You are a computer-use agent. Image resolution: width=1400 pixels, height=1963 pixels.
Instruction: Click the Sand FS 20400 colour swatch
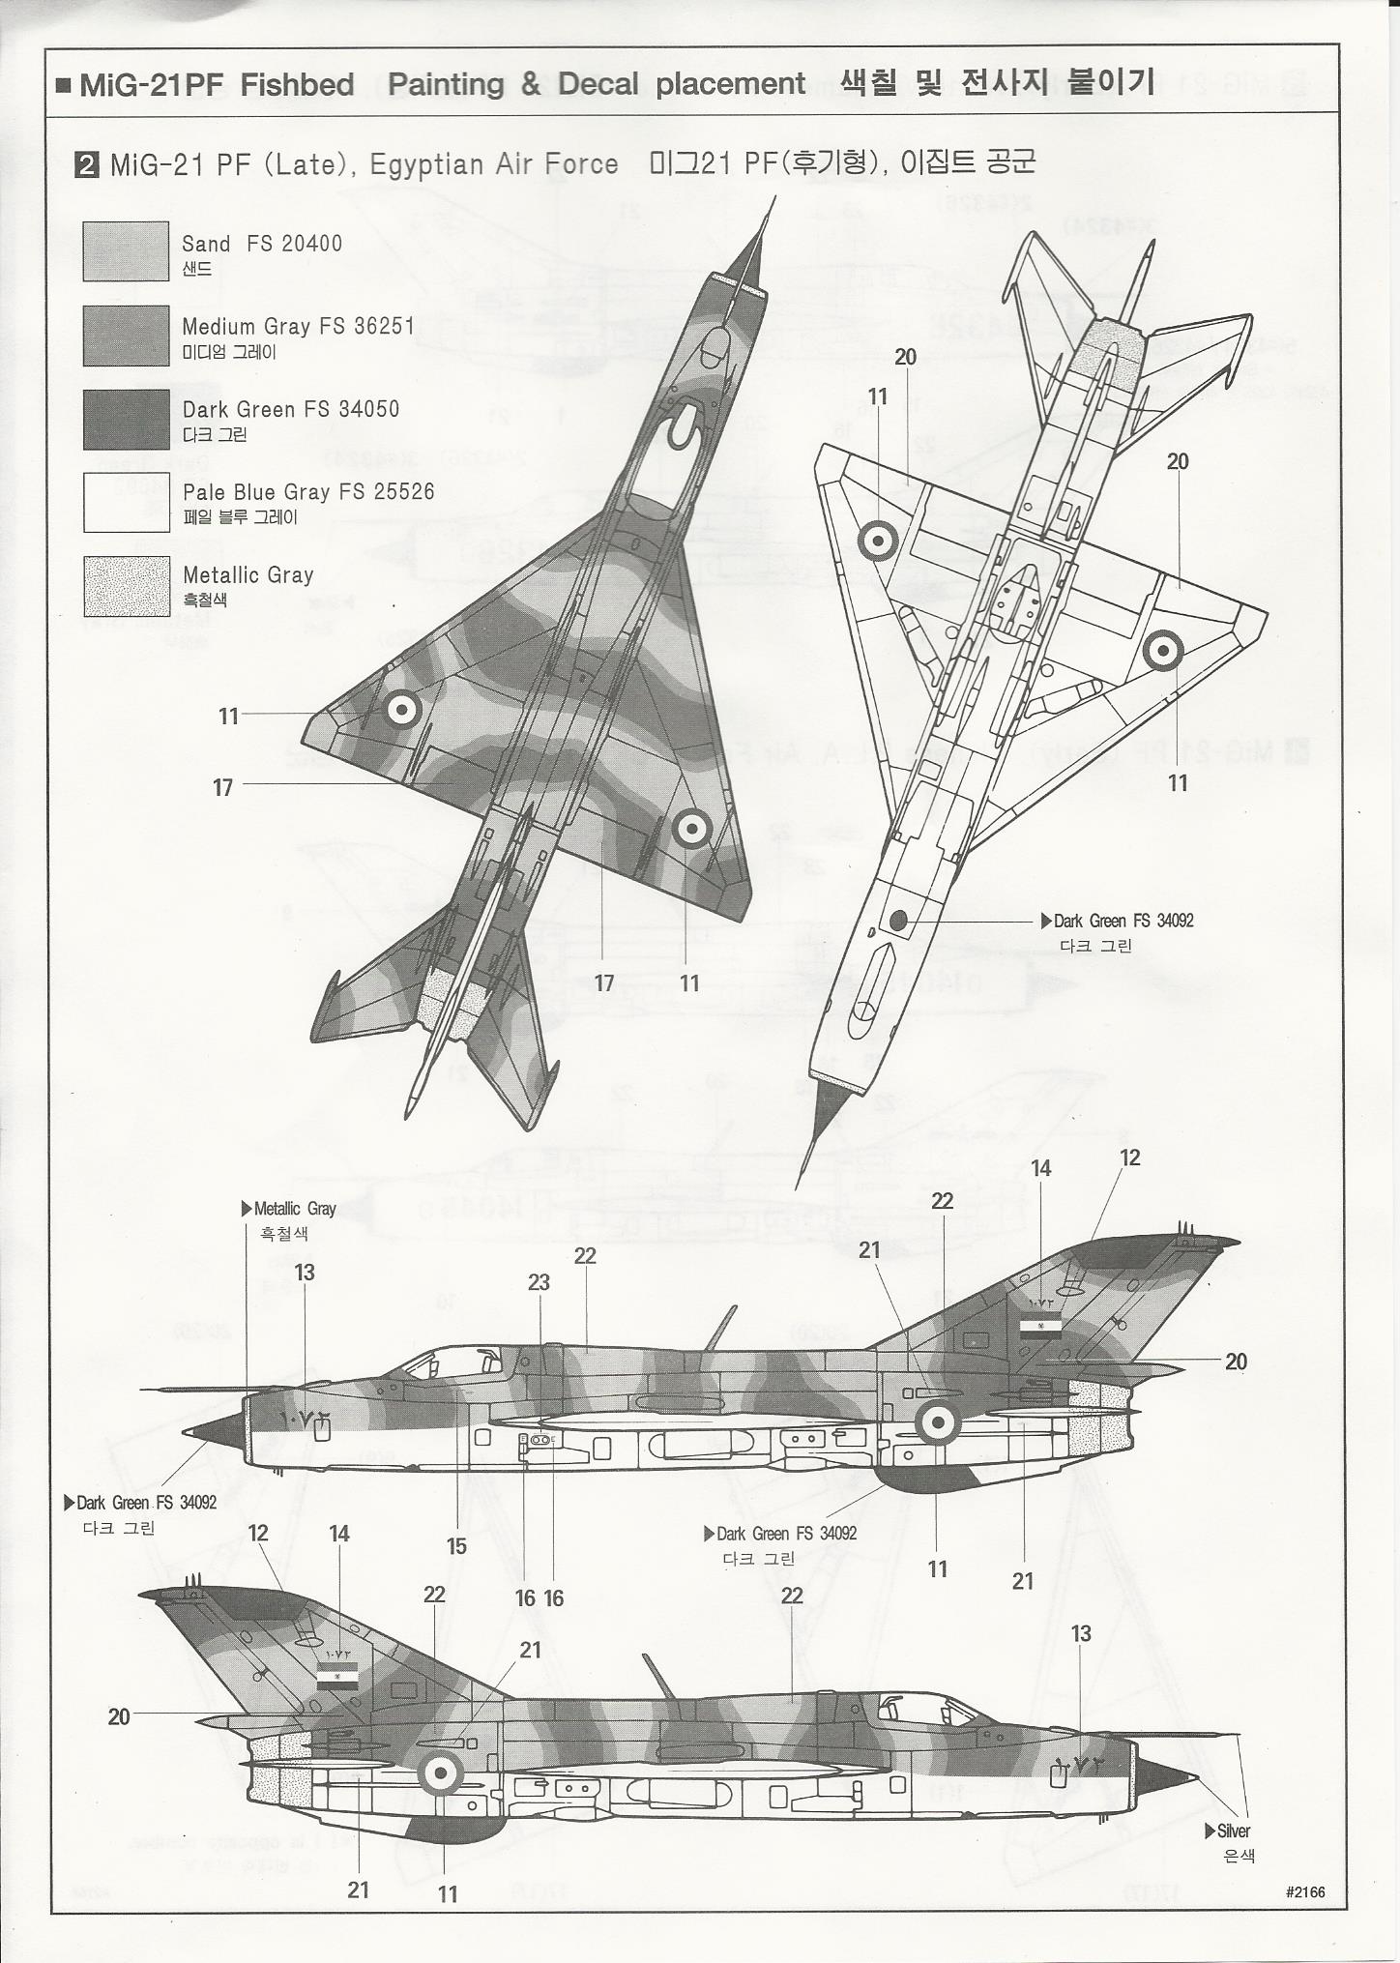click(126, 251)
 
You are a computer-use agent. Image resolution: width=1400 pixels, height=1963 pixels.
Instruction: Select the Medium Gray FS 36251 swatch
click(126, 336)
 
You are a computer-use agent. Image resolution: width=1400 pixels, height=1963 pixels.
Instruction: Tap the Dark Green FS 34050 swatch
click(126, 419)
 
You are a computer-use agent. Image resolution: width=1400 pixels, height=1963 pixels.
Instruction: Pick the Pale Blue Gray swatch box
click(126, 502)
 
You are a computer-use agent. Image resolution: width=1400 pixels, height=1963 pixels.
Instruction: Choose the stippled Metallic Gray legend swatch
click(126, 586)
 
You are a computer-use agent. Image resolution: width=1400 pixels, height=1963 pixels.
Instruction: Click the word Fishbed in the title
click(297, 85)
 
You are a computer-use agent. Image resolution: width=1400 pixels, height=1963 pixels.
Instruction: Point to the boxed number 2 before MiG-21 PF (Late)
click(87, 164)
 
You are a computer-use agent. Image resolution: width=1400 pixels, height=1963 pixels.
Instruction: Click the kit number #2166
click(1305, 1892)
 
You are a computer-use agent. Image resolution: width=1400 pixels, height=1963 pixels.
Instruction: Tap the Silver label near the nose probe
click(1233, 1831)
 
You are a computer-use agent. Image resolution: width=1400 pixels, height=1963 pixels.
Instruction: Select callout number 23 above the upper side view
click(539, 1282)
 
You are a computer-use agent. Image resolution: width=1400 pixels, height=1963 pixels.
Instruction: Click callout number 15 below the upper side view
click(456, 1545)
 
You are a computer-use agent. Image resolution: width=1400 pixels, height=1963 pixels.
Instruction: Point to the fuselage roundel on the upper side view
click(936, 1422)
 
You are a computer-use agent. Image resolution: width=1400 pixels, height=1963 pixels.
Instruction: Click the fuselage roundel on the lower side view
click(438, 1773)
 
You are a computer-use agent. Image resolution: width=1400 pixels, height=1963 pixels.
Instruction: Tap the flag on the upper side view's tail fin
click(1040, 1326)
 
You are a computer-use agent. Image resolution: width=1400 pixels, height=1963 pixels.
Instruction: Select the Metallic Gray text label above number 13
click(294, 1209)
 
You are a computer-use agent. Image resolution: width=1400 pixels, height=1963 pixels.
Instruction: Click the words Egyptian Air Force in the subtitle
click(494, 164)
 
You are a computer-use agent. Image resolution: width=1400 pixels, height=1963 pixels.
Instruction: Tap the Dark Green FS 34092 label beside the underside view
click(1123, 921)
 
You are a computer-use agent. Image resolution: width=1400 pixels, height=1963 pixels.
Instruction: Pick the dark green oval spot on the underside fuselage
click(897, 921)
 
